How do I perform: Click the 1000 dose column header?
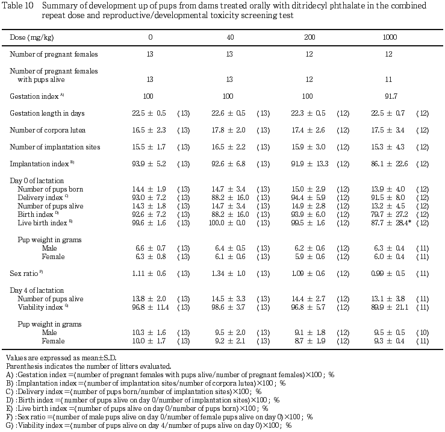390,37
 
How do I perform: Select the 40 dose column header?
229,37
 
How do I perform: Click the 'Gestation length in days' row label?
47,113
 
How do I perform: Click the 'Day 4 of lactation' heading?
37,290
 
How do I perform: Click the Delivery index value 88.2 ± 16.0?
229,198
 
